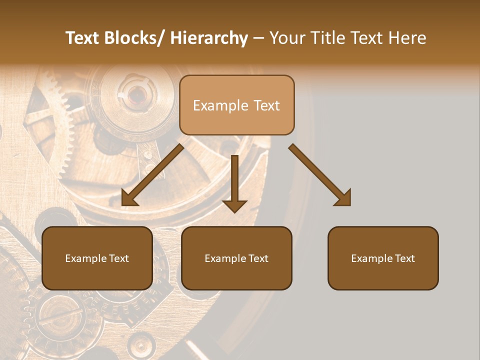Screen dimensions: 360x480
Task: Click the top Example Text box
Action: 236,105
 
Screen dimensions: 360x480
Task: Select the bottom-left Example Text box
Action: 97,258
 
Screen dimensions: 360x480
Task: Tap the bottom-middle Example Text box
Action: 236,258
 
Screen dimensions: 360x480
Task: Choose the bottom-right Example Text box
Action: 383,258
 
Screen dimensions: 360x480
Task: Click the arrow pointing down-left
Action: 152,175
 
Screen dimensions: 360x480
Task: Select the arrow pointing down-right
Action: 320,175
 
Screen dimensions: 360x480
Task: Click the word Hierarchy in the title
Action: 209,38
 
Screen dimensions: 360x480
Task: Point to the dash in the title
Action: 258,38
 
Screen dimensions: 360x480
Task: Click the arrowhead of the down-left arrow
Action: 129,198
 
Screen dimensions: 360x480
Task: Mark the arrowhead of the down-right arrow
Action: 343,198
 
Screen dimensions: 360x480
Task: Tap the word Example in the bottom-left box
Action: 86,258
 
